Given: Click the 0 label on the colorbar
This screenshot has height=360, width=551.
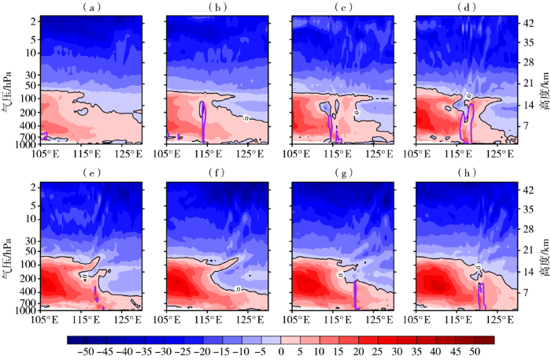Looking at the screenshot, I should [x=281, y=351].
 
